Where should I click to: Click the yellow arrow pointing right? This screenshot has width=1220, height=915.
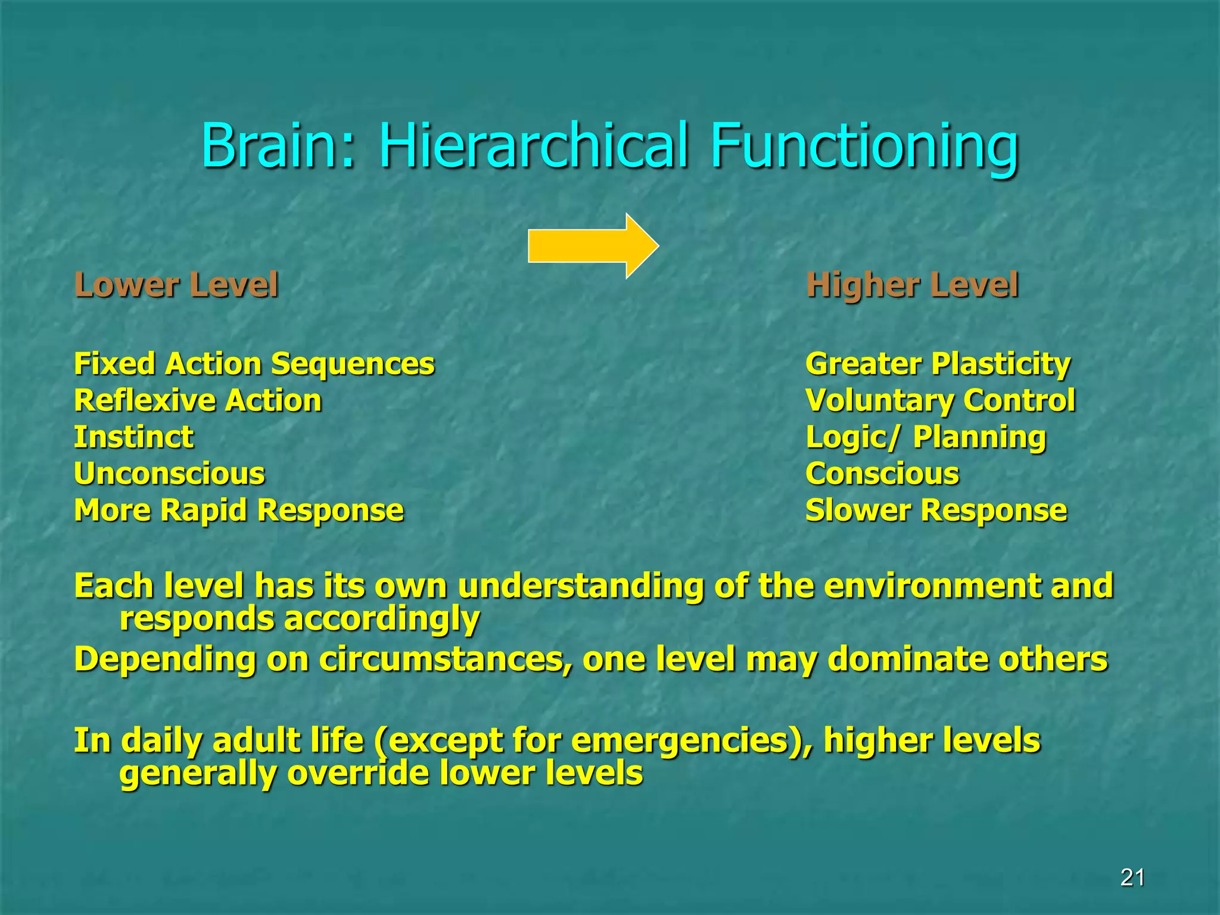click(x=593, y=245)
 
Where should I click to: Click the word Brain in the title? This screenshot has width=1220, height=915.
click(x=277, y=146)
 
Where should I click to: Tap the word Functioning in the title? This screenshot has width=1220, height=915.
click(x=864, y=146)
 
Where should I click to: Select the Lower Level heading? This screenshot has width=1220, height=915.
click(x=176, y=285)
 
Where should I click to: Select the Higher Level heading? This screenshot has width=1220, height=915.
click(x=911, y=285)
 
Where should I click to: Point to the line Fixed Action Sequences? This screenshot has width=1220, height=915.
click(x=254, y=364)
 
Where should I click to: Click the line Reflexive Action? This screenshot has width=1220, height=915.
click(x=198, y=400)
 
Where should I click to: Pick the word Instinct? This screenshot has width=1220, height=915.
click(x=134, y=437)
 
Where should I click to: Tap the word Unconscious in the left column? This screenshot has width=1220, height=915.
click(x=170, y=474)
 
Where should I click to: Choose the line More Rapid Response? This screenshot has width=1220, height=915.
click(x=239, y=511)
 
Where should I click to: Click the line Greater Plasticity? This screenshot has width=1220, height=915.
click(x=938, y=364)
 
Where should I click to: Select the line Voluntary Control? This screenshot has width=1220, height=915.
click(x=940, y=400)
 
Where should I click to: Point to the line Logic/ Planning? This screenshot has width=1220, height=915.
click(x=925, y=437)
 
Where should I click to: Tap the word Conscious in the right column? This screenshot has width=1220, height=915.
click(x=882, y=474)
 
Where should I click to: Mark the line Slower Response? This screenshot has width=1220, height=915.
click(x=936, y=511)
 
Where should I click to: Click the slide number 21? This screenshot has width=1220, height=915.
click(x=1132, y=877)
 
